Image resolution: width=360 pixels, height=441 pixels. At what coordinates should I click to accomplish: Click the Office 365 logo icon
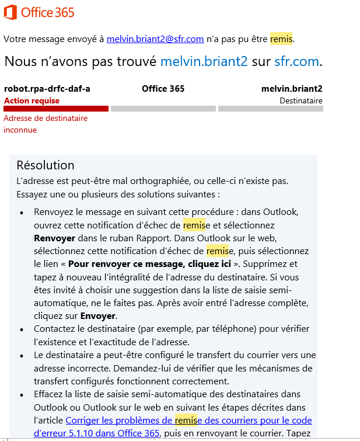(x=11, y=12)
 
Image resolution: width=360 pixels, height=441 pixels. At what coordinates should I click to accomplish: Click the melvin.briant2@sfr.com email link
(x=155, y=39)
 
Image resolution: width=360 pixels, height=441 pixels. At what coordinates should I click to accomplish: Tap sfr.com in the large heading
(x=296, y=61)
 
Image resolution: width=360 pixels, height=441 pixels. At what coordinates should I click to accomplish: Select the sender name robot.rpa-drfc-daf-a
(x=47, y=89)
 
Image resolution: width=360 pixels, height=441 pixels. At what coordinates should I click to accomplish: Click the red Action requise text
(x=32, y=100)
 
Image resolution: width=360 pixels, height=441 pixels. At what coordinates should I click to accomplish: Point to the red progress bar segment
(x=56, y=109)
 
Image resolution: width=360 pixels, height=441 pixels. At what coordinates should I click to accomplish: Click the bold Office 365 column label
(x=163, y=89)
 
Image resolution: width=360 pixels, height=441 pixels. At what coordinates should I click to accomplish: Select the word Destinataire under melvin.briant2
(x=300, y=100)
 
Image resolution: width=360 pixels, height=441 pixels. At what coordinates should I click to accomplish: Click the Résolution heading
(x=46, y=165)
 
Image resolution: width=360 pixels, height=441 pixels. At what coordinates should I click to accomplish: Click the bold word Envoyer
(x=97, y=315)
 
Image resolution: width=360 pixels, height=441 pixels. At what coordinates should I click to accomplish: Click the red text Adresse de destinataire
(x=46, y=118)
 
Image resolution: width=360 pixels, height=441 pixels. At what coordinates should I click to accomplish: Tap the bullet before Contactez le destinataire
(x=22, y=329)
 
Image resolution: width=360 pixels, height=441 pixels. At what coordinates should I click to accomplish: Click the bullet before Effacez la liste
(x=22, y=394)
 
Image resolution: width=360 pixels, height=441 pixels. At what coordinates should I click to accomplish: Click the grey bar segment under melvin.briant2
(x=270, y=109)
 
